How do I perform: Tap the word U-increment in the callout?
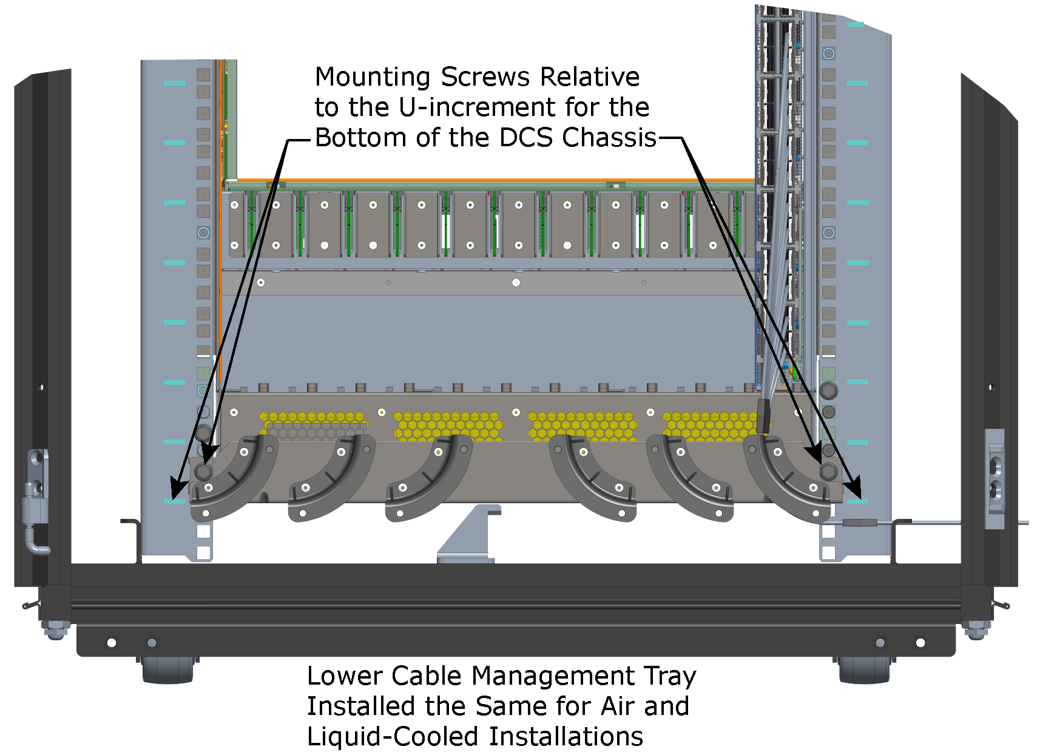point(478,108)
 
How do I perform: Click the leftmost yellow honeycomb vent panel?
point(313,424)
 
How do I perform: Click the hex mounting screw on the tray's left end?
point(204,472)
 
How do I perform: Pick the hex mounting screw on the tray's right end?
point(828,472)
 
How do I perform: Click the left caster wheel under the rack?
point(168,669)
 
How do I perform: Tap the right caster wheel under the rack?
point(864,669)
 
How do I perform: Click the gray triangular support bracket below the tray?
point(470,534)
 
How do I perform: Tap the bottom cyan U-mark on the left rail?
point(175,501)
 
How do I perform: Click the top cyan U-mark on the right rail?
point(856,24)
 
